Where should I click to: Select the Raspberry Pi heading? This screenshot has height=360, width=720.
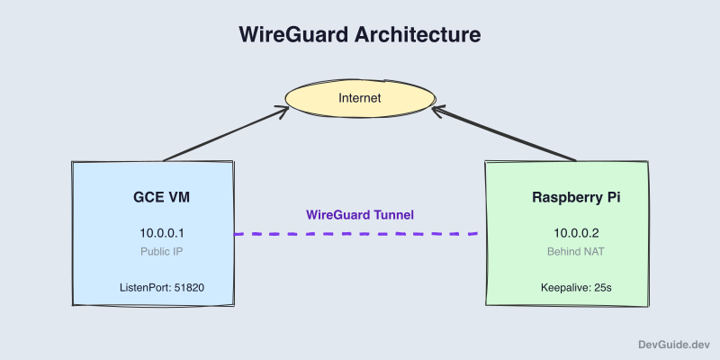pos(566,197)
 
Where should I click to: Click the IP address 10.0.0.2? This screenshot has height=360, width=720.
pos(566,232)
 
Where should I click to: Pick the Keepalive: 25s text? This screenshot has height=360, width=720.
pos(566,288)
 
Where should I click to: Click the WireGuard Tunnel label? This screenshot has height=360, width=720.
pos(360,215)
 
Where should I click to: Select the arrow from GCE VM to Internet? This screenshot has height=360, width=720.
pos(225,134)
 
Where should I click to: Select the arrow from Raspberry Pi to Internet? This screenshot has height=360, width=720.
pos(504,134)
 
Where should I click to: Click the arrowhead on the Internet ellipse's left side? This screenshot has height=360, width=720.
pos(283,111)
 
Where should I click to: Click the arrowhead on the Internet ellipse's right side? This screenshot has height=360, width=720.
pos(438,111)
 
